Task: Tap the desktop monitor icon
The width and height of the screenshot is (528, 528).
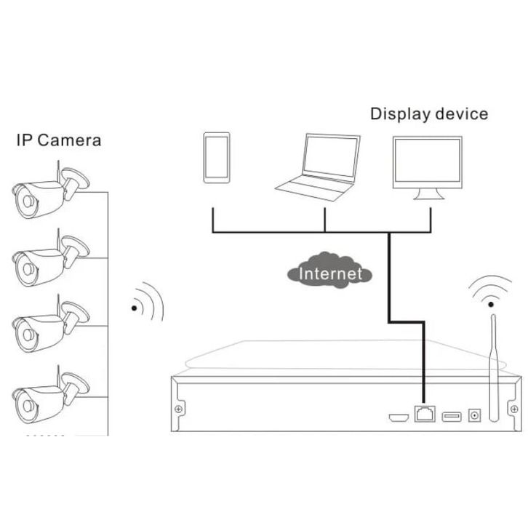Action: click(x=426, y=167)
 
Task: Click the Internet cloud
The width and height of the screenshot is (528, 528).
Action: click(x=330, y=273)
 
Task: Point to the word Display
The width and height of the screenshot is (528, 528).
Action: click(x=399, y=113)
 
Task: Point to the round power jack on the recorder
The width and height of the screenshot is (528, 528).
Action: click(x=476, y=415)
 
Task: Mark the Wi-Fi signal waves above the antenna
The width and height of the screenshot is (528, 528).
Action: click(x=491, y=290)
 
